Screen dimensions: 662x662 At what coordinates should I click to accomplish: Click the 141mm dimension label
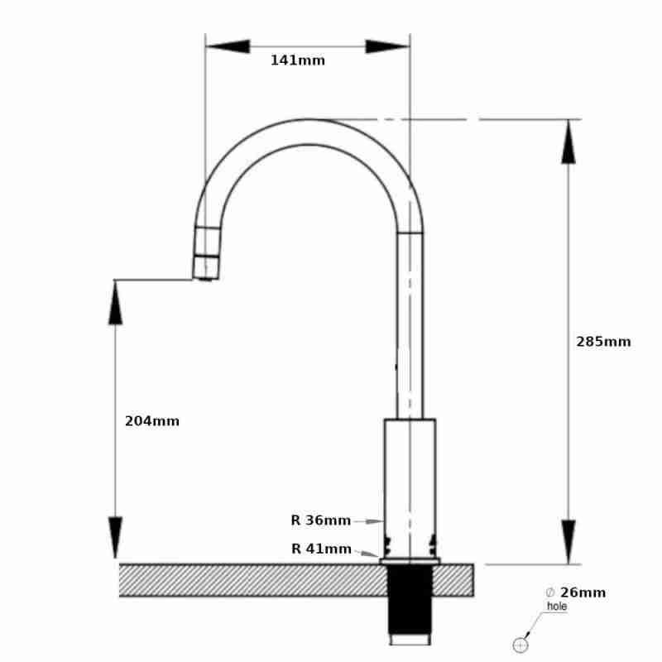(297, 60)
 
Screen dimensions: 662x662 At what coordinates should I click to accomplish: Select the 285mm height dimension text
(603, 342)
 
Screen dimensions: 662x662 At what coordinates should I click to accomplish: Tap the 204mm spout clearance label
(151, 421)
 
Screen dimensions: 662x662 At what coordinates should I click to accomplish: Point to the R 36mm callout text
(320, 520)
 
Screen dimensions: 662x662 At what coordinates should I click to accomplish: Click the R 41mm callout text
(321, 549)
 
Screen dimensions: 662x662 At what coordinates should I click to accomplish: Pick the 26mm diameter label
(582, 592)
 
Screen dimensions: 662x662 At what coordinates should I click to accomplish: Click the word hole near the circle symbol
(557, 607)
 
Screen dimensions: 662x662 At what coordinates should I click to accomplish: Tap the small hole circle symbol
(520, 645)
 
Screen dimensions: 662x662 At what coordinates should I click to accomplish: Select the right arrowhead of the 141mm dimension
(388, 46)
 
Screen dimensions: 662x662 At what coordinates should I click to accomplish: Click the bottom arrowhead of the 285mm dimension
(568, 542)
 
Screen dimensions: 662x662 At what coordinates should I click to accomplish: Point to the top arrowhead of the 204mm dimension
(115, 303)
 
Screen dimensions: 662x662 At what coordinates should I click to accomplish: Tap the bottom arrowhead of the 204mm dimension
(115, 539)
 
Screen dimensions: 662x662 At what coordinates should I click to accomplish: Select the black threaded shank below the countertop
(410, 600)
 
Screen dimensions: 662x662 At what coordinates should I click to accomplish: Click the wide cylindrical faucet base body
(410, 472)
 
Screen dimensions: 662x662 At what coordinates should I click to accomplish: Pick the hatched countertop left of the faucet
(248, 580)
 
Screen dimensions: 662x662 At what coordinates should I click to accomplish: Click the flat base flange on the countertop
(410, 561)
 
